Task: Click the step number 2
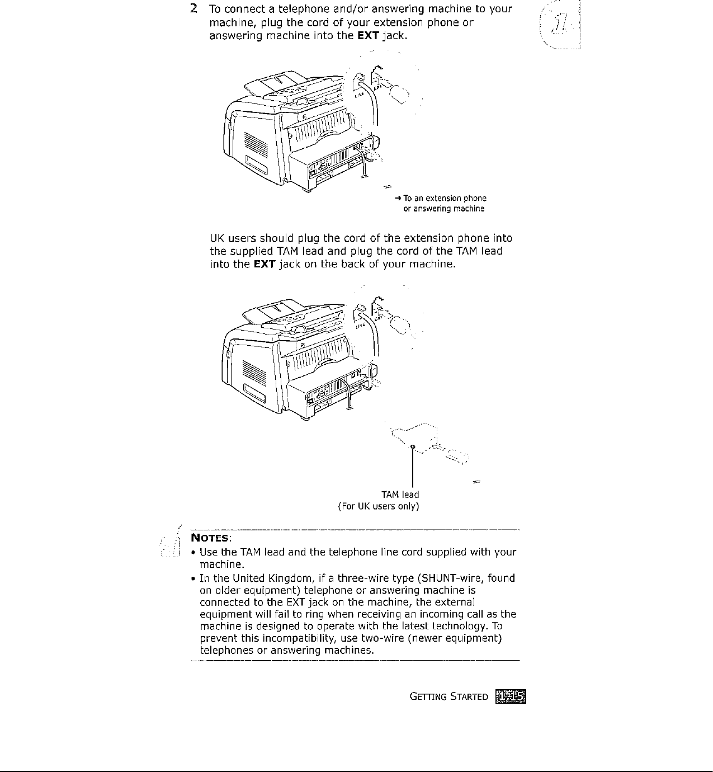pyautogui.click(x=193, y=10)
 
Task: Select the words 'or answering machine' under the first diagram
pyautogui.click(x=444, y=209)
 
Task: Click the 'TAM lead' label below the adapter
pyautogui.click(x=400, y=495)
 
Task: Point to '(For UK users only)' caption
pyautogui.click(x=379, y=506)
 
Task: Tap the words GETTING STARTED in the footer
pyautogui.click(x=449, y=696)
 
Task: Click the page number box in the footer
pyautogui.click(x=512, y=696)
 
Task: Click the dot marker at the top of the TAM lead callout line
pyautogui.click(x=412, y=446)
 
